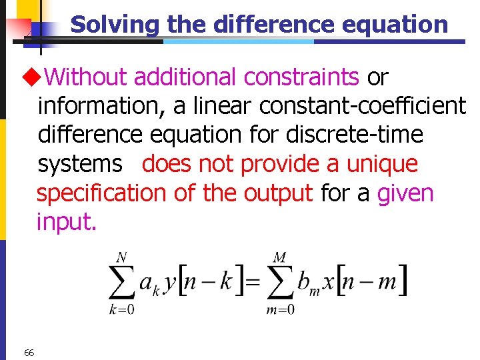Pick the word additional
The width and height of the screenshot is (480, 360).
click(186, 78)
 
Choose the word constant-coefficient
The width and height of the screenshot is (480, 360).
click(363, 107)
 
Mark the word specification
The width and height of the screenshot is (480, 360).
click(101, 193)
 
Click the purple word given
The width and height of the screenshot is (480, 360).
click(405, 193)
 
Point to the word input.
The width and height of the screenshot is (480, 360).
click(67, 222)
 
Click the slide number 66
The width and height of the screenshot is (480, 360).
click(29, 352)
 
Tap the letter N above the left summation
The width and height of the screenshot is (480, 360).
click(122, 256)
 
